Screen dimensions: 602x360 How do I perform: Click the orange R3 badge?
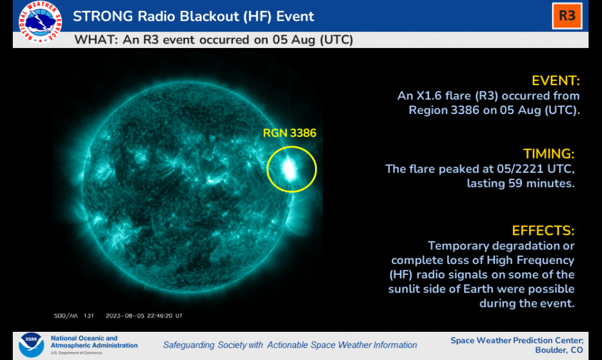coord(567,16)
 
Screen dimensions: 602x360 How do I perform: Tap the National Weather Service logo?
coord(40,22)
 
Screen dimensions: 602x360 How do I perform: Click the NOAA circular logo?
coord(31,345)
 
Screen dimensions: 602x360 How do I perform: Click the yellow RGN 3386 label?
coord(289,133)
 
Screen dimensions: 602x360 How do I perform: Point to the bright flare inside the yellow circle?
coord(289,170)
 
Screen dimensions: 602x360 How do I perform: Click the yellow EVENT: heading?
coord(555,81)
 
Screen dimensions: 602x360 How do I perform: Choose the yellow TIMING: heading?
coord(549,154)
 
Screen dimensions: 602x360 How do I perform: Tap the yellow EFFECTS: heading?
coord(543,231)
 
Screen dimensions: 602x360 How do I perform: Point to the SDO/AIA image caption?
coord(74,316)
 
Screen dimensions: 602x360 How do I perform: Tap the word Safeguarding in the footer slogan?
coord(188,345)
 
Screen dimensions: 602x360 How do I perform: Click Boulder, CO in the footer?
coord(559,350)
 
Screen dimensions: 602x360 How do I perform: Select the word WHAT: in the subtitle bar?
coord(96,40)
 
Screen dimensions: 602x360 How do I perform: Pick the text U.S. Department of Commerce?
coord(76,353)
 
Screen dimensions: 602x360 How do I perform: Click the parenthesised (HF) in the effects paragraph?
coord(401,275)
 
